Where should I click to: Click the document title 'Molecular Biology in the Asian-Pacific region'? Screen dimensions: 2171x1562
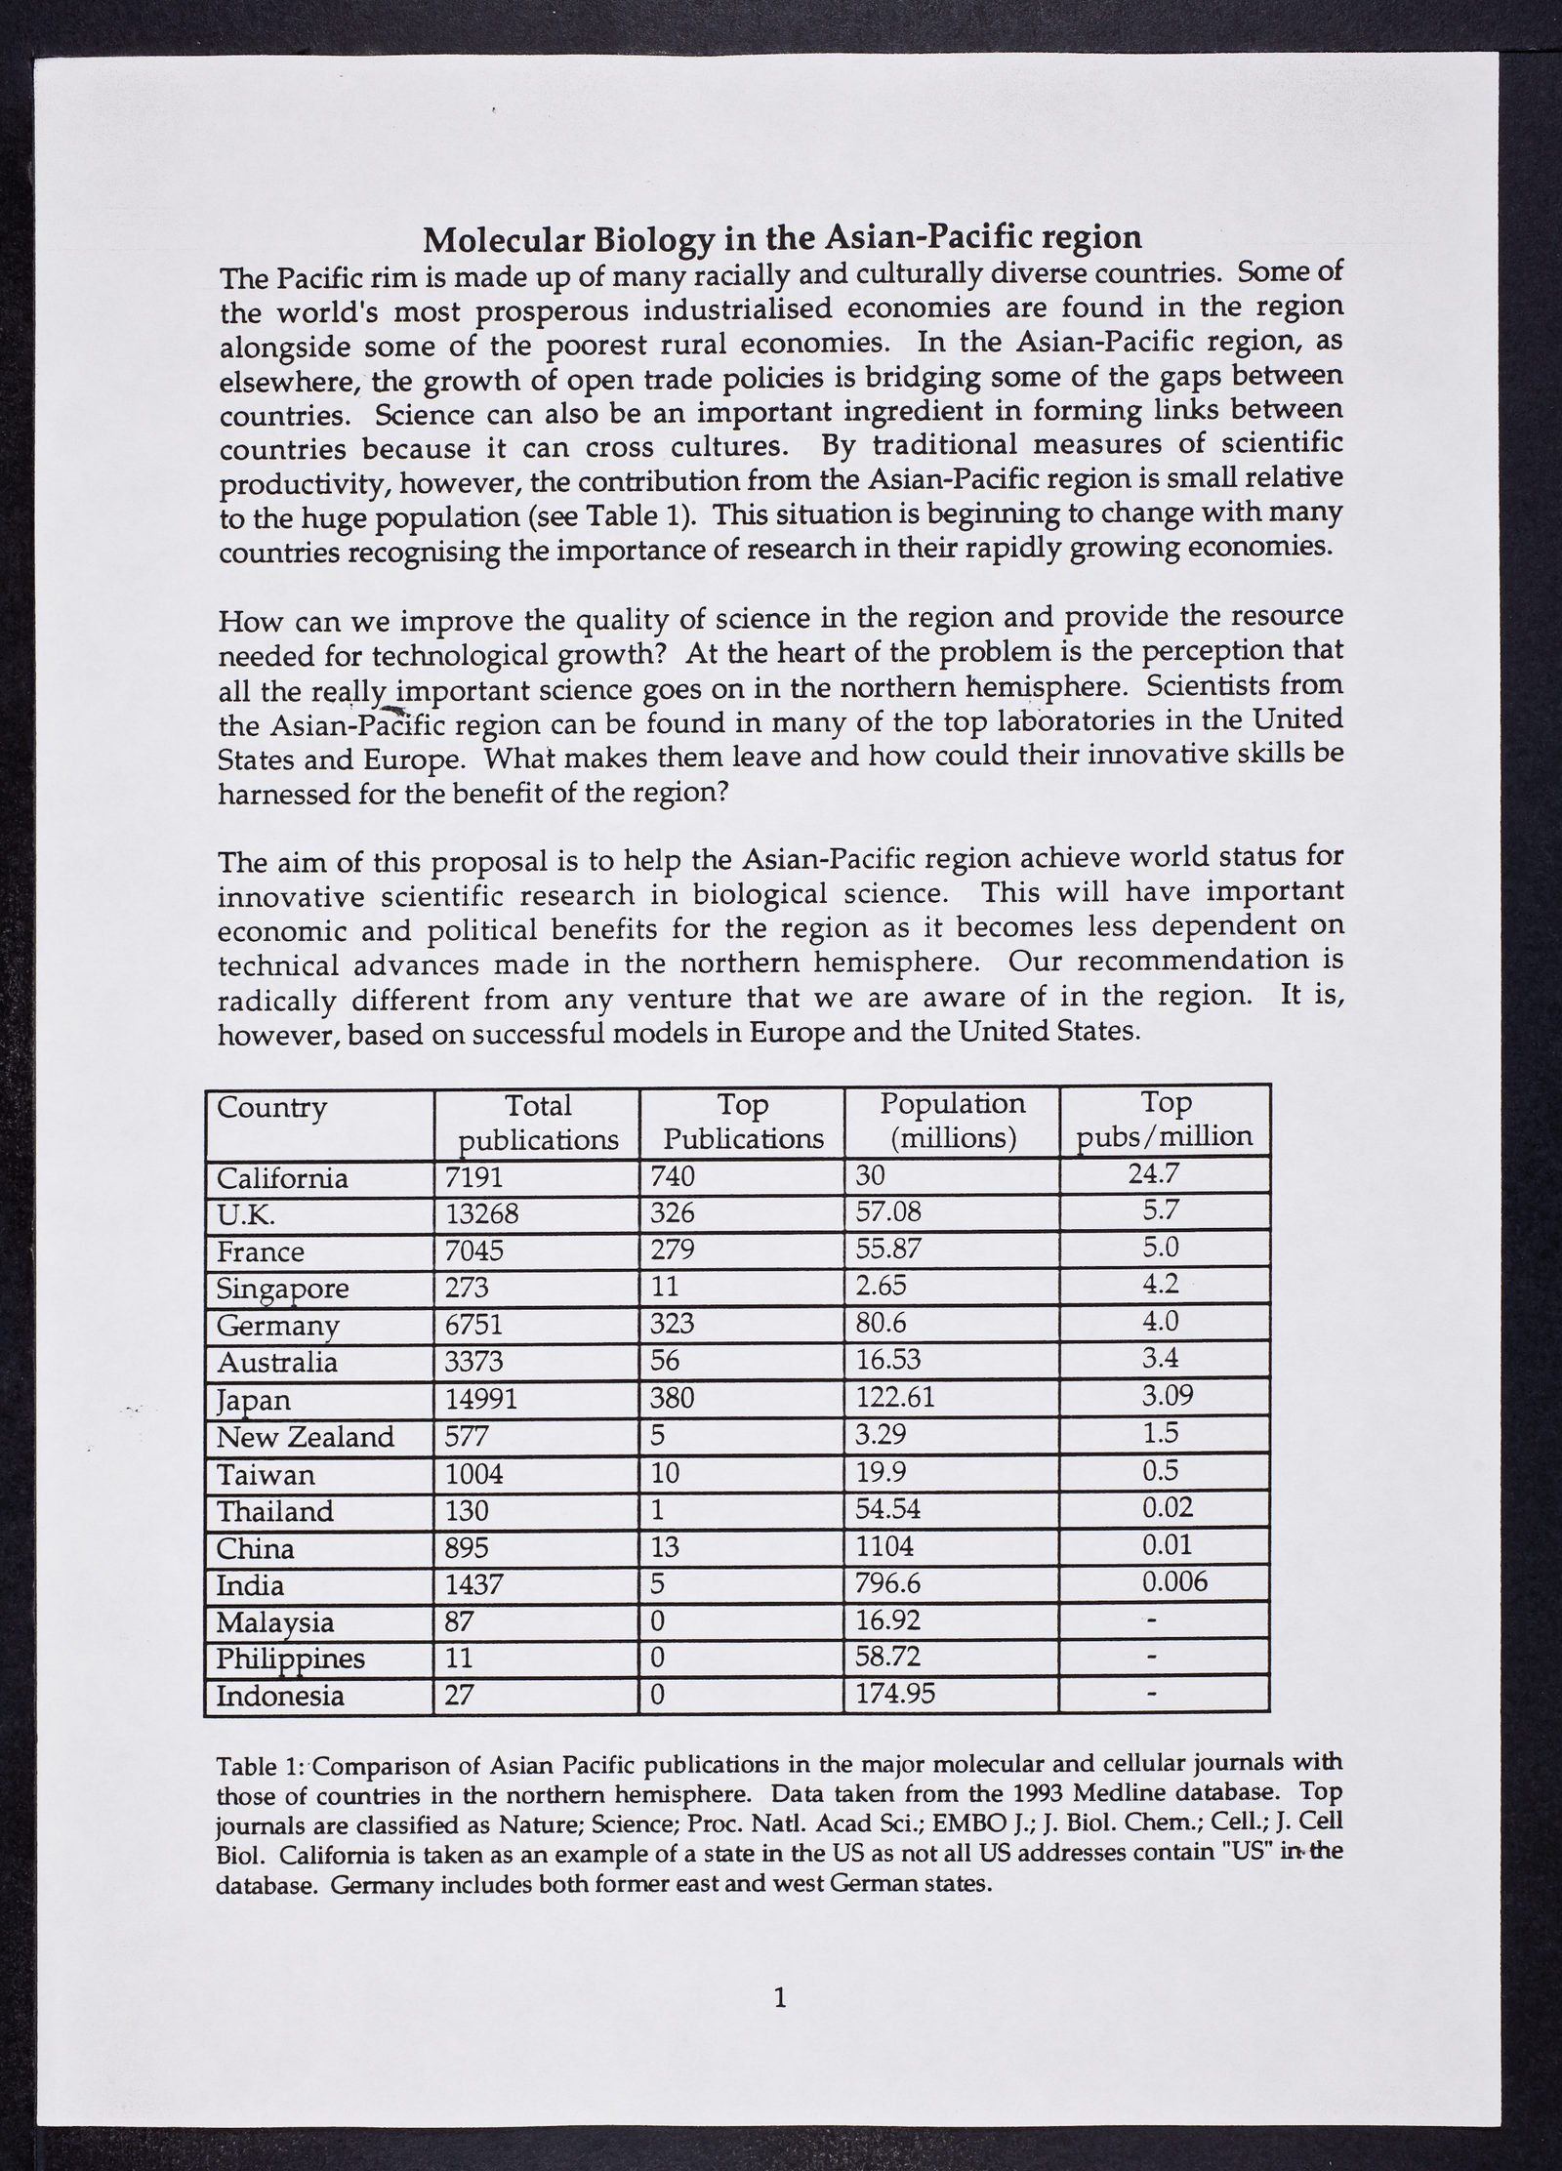781,237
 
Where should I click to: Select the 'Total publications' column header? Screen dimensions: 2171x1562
538,1123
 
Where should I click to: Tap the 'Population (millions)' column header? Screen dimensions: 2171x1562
952,1121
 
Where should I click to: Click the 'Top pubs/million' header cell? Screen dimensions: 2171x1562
1165,1119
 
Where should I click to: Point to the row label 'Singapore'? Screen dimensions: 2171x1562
282,1289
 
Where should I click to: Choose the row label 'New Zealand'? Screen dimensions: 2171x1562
305,1437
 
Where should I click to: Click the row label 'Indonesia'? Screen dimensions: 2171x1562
280,1696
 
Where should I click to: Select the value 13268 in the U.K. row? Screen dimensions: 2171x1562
481,1214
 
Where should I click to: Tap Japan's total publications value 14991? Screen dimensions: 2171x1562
481,1400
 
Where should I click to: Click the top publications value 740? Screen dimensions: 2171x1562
673,1177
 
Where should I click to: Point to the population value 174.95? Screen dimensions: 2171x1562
895,1695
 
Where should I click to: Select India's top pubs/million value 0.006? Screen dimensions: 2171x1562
1174,1581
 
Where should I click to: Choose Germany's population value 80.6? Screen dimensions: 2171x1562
882,1325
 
